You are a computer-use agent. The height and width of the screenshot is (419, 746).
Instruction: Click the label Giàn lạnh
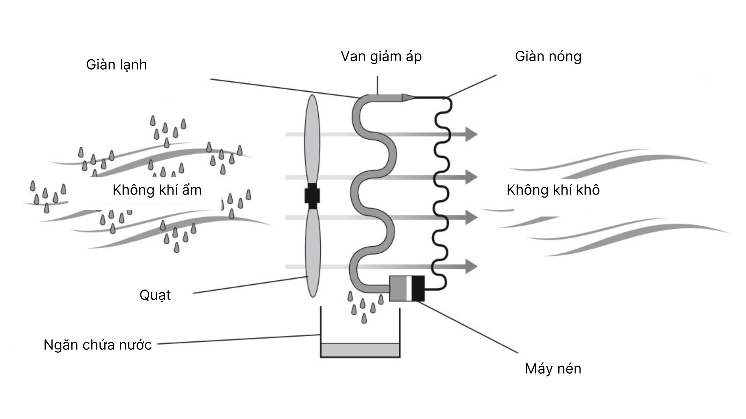click(116, 65)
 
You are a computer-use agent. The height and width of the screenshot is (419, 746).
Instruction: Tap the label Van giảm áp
click(381, 56)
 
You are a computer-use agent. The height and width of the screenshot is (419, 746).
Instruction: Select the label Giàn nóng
click(548, 56)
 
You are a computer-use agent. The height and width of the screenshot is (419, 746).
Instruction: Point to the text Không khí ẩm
click(157, 190)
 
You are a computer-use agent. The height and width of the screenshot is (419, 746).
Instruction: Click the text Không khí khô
click(553, 190)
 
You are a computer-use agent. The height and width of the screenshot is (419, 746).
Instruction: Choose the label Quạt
click(155, 295)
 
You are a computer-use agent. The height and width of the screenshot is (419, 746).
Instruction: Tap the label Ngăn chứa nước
click(98, 345)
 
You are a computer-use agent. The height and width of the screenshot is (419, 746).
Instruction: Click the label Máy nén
click(553, 369)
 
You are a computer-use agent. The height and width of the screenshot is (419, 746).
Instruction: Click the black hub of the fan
click(312, 196)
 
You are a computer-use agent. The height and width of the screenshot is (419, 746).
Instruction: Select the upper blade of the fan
click(312, 140)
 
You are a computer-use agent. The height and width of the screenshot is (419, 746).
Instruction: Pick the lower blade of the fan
click(313, 253)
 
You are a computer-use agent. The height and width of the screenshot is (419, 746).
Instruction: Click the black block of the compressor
click(418, 288)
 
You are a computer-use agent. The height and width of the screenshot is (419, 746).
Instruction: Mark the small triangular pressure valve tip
click(407, 98)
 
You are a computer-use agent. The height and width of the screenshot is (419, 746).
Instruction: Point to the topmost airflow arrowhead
click(471, 134)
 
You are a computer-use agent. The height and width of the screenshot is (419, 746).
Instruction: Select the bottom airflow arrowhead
click(471, 266)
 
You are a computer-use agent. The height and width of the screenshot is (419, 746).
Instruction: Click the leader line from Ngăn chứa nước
click(239, 339)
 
